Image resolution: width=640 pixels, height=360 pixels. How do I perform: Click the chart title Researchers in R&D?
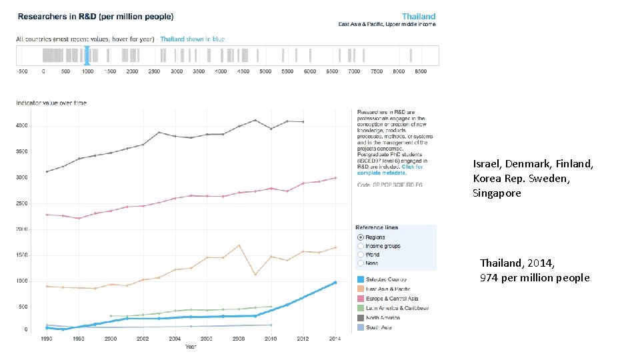(95, 16)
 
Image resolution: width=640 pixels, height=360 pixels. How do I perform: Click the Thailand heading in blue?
(419, 16)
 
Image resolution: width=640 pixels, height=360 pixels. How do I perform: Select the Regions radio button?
(361, 237)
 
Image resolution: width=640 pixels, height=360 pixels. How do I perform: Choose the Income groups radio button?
(361, 246)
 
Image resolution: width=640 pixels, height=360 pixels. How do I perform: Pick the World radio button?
(361, 255)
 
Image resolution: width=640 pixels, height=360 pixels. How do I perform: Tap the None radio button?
(361, 263)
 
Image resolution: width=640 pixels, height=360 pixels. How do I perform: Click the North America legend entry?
(387, 317)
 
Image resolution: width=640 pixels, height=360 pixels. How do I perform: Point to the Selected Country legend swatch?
(361, 279)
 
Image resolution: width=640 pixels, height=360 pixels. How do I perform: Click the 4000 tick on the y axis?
(22, 125)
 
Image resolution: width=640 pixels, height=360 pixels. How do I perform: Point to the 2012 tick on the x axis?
(303, 339)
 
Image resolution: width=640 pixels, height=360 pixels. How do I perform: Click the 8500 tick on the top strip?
(420, 71)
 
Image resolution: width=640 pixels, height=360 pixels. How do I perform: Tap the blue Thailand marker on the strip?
(87, 55)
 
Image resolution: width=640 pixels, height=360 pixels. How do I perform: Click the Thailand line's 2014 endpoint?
(335, 283)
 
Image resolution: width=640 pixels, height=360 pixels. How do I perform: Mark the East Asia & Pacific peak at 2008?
(239, 245)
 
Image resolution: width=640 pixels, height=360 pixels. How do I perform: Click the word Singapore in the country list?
(497, 193)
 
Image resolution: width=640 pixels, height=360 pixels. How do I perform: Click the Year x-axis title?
(191, 346)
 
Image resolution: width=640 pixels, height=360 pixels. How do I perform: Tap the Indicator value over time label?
(51, 103)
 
